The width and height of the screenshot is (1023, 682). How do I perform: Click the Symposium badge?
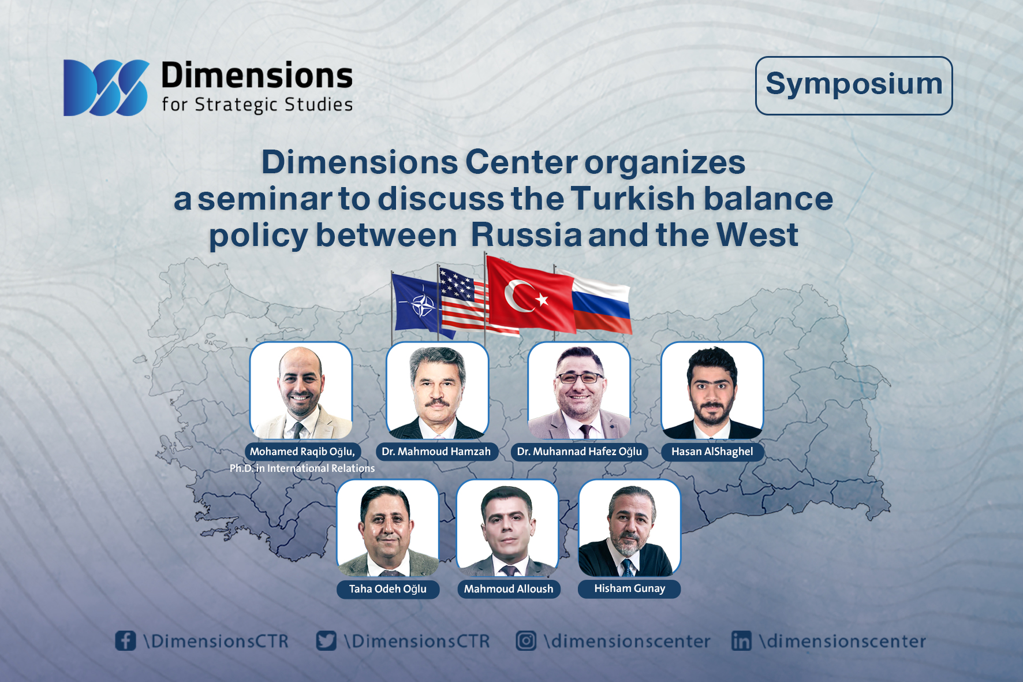(854, 85)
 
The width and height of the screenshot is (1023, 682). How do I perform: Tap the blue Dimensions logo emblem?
(106, 88)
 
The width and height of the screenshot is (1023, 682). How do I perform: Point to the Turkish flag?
(530, 295)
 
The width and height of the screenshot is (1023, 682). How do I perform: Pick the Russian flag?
(600, 302)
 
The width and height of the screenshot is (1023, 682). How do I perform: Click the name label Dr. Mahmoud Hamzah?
(436, 452)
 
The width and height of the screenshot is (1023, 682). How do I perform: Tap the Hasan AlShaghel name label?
(712, 452)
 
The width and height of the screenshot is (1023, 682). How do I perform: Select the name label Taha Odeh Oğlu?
(388, 589)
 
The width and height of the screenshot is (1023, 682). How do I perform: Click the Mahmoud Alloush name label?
(509, 589)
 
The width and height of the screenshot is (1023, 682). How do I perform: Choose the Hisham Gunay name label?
(629, 588)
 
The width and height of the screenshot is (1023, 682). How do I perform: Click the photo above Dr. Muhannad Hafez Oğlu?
(579, 390)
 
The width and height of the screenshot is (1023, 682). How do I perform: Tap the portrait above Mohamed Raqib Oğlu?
(301, 390)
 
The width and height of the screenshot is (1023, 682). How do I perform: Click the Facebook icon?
(125, 640)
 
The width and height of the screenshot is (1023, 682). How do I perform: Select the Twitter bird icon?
(326, 640)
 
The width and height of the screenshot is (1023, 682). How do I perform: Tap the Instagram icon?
(526, 640)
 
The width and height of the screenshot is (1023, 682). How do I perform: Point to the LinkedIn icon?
(741, 640)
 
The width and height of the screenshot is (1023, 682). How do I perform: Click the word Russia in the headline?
(527, 235)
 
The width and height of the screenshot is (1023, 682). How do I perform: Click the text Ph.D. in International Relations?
(302, 468)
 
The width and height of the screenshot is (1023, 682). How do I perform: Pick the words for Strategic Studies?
(257, 105)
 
